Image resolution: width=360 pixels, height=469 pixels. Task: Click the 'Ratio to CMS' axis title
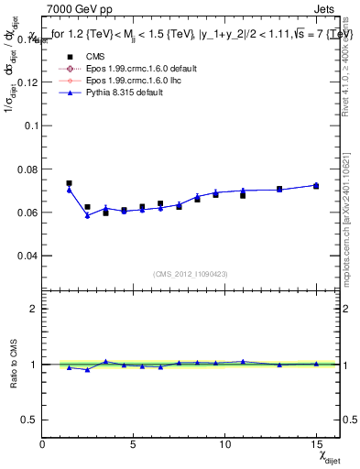pos(13,364)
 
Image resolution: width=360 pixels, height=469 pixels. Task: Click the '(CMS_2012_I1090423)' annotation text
pos(191,273)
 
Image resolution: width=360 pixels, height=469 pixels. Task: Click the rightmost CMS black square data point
pos(316,186)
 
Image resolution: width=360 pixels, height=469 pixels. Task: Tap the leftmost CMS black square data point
pos(70,183)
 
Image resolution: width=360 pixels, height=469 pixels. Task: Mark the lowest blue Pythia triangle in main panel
pos(88,215)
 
